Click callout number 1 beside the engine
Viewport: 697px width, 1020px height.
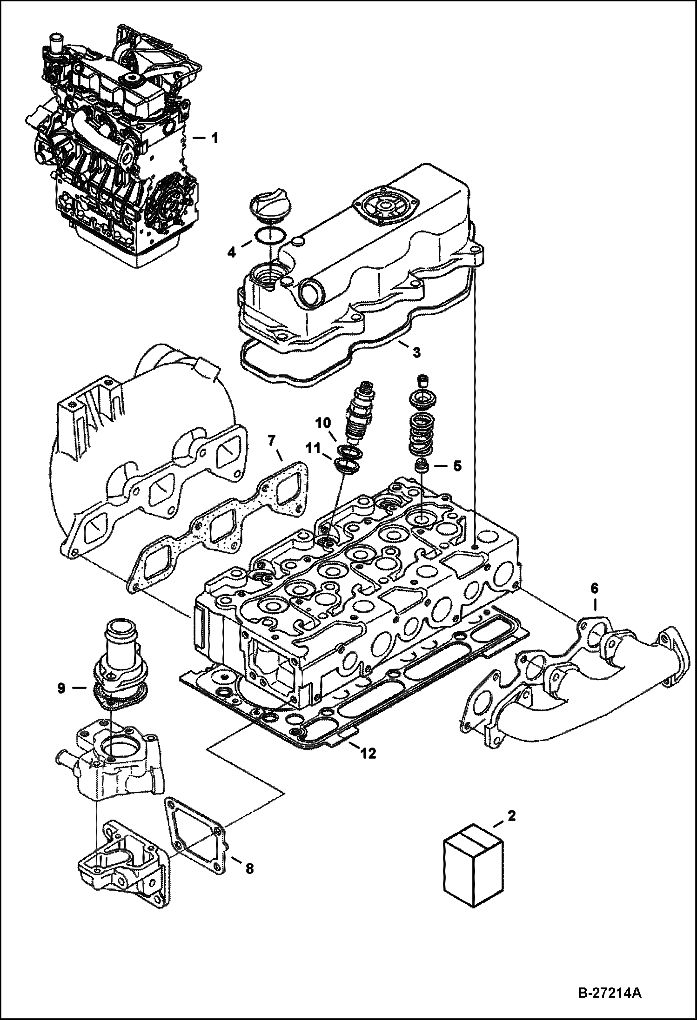point(214,139)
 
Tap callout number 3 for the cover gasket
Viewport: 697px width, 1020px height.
point(416,353)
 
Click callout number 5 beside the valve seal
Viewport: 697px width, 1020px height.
point(457,466)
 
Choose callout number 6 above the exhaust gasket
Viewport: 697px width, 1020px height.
point(595,589)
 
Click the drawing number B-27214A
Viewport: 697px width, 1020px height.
point(609,994)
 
